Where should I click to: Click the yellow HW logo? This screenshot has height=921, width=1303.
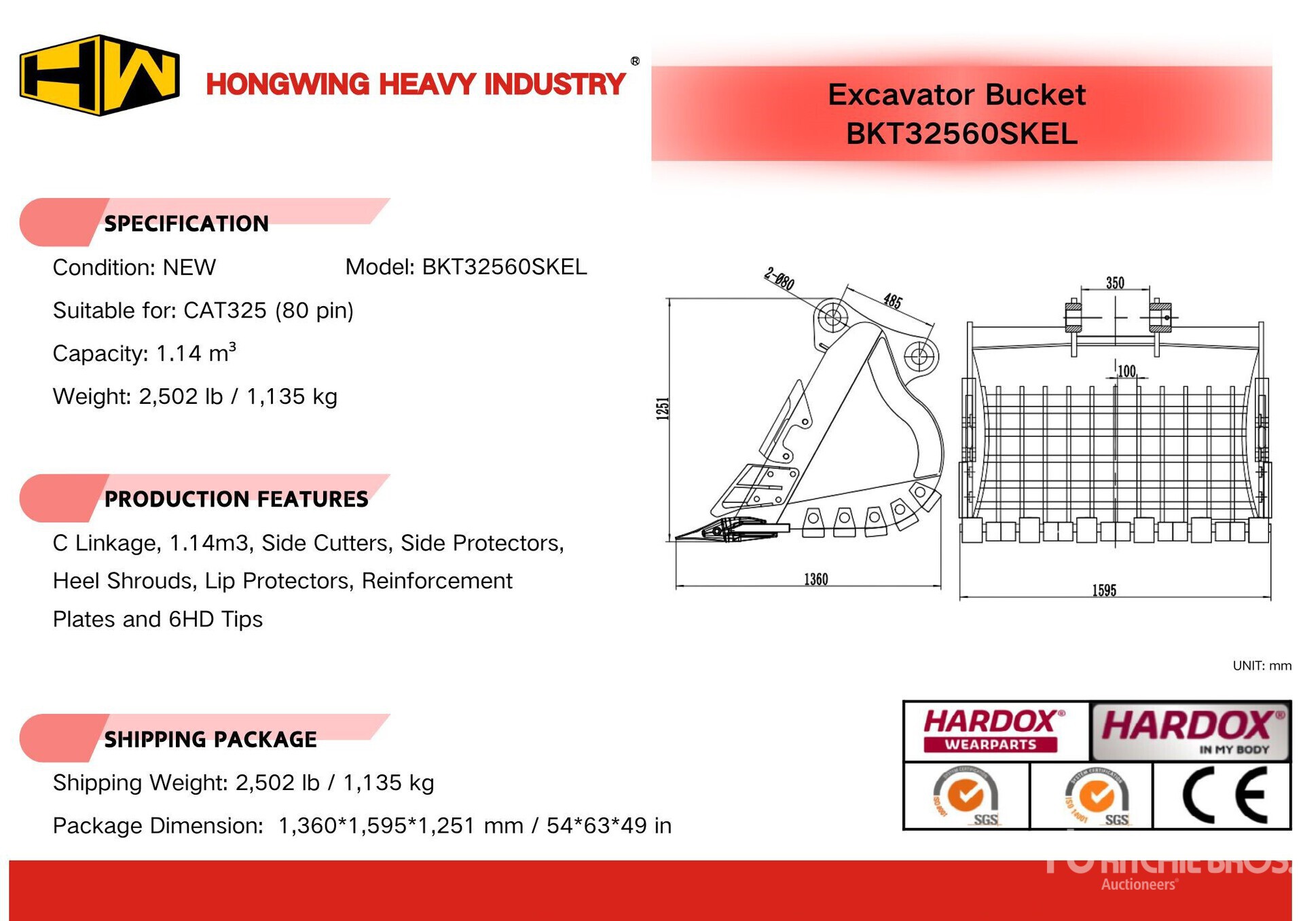tap(100, 75)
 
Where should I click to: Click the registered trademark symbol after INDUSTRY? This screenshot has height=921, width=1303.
tap(635, 61)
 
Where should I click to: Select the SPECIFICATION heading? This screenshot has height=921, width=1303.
tap(186, 223)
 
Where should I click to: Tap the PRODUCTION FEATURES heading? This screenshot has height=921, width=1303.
tap(236, 499)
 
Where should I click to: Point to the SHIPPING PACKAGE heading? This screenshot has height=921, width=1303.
tap(210, 739)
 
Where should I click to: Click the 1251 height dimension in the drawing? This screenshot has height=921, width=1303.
tap(663, 409)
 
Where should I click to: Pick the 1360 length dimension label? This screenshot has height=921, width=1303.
tap(815, 579)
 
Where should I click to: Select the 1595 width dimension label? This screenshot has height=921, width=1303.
tap(1104, 590)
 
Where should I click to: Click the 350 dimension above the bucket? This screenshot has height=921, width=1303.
tap(1115, 282)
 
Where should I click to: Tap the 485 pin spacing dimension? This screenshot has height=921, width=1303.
tap(892, 301)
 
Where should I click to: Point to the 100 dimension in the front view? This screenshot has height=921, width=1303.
tap(1126, 371)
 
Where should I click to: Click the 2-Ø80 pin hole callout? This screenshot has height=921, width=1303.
tap(779, 279)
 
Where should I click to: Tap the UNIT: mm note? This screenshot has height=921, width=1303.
tap(1262, 666)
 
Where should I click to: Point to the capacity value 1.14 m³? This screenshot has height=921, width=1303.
tap(196, 353)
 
